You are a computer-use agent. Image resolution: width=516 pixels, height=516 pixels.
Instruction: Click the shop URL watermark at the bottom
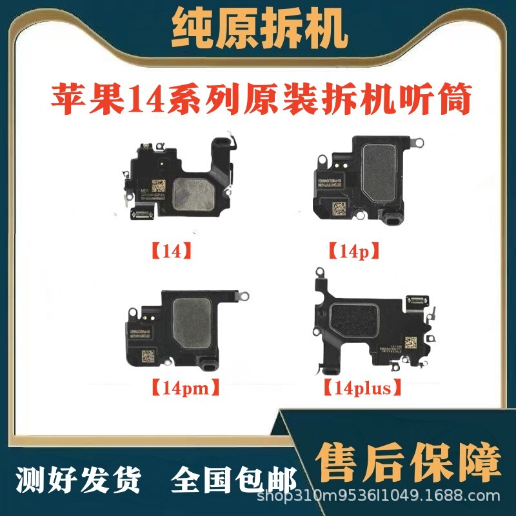[379, 497]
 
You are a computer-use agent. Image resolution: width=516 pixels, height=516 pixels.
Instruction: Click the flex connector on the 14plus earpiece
[413, 300]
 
